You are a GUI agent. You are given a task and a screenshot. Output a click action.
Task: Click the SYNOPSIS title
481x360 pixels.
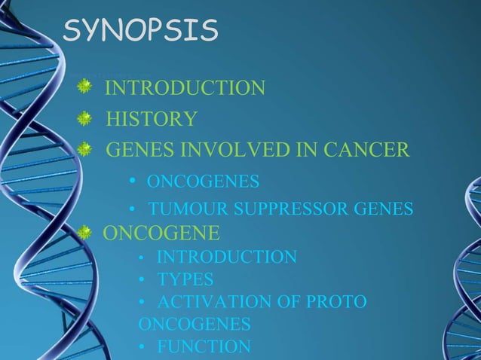point(140,31)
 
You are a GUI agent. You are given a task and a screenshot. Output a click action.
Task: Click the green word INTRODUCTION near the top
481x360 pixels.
point(185,88)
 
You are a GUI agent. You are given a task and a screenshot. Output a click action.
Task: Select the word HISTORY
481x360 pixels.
point(152,119)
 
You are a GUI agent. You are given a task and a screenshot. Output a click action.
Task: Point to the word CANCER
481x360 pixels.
point(366,150)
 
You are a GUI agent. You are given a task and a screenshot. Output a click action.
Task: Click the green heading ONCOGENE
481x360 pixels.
point(161,231)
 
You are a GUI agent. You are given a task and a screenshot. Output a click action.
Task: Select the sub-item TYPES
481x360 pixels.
point(185,279)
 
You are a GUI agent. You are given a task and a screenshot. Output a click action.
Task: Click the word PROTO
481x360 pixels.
point(339,302)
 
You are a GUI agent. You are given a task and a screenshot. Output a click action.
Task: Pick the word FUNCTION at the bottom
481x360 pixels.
point(204,346)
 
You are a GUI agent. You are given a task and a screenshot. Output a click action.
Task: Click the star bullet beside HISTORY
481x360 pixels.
point(85,119)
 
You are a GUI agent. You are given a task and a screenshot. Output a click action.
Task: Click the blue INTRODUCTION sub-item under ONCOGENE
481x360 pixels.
point(226,258)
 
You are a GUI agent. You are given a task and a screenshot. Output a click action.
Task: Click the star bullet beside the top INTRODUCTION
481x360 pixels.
point(85,89)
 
